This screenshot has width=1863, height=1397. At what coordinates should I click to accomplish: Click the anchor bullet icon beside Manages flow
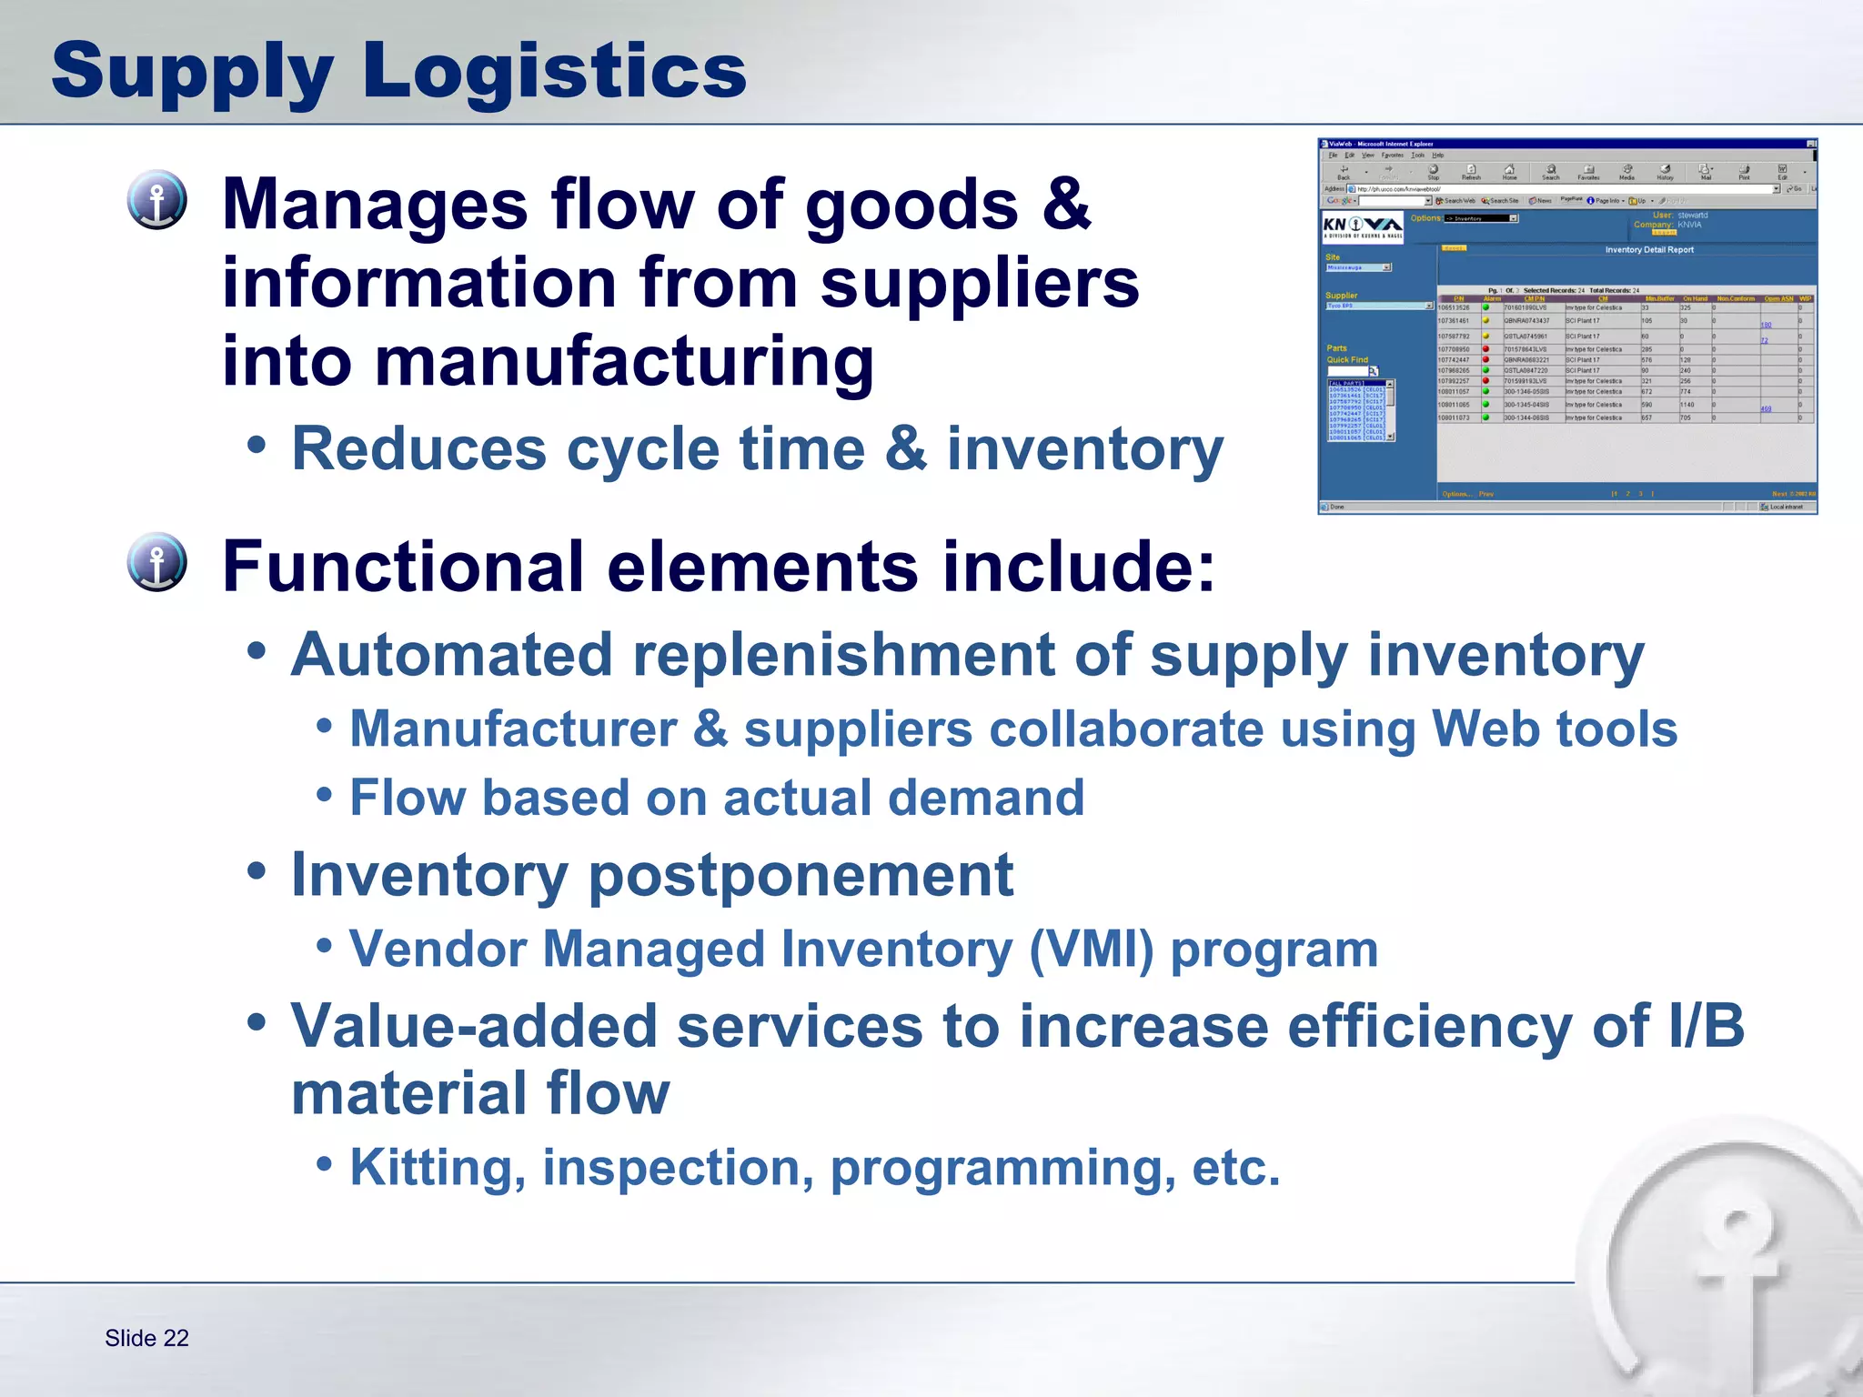(157, 200)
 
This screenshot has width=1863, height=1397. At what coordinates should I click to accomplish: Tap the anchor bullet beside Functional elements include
(157, 562)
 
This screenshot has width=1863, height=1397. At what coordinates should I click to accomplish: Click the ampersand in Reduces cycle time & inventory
(905, 449)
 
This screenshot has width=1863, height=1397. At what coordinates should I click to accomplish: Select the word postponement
(801, 875)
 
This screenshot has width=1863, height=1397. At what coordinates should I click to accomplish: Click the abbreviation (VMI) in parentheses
(1091, 950)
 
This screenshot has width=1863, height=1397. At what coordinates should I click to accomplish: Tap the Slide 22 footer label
(146, 1338)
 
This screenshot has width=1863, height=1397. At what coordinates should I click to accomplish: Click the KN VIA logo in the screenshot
(1362, 226)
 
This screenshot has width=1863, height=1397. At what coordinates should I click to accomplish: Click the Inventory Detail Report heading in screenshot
(1648, 249)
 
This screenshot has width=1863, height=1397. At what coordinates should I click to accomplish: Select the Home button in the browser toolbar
(1509, 172)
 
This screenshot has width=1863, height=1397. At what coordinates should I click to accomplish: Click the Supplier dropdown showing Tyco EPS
(1379, 306)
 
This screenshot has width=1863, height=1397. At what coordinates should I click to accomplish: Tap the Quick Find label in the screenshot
(1346, 360)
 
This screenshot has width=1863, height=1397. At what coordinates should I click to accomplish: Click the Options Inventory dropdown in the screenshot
(1481, 218)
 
